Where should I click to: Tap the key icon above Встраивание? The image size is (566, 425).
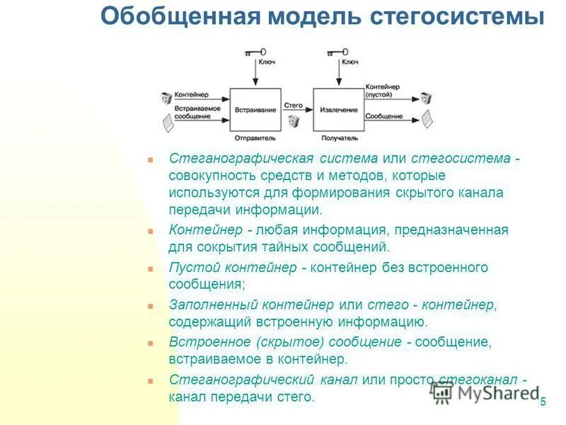[255, 52]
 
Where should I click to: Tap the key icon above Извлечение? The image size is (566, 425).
[338, 52]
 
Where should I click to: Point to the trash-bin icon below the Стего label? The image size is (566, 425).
[294, 122]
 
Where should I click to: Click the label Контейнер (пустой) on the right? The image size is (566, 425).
[386, 89]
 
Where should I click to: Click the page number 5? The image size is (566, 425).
[543, 402]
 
